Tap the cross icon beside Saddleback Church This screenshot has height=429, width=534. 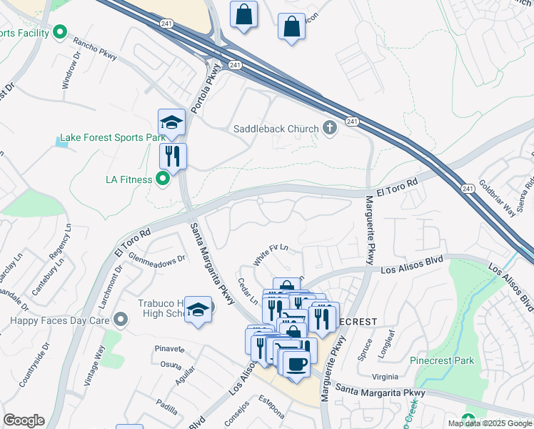tap(329, 129)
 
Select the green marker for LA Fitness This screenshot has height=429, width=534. tap(163, 179)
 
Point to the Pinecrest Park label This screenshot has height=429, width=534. tap(442, 360)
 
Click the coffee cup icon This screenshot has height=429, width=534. tap(296, 363)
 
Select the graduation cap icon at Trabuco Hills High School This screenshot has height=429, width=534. tap(198, 309)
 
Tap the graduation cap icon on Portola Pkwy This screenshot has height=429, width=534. tap(172, 122)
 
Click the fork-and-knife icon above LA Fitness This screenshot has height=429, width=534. tap(173, 154)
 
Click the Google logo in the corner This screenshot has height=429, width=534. tap(24, 420)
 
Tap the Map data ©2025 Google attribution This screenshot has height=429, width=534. tap(490, 423)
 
